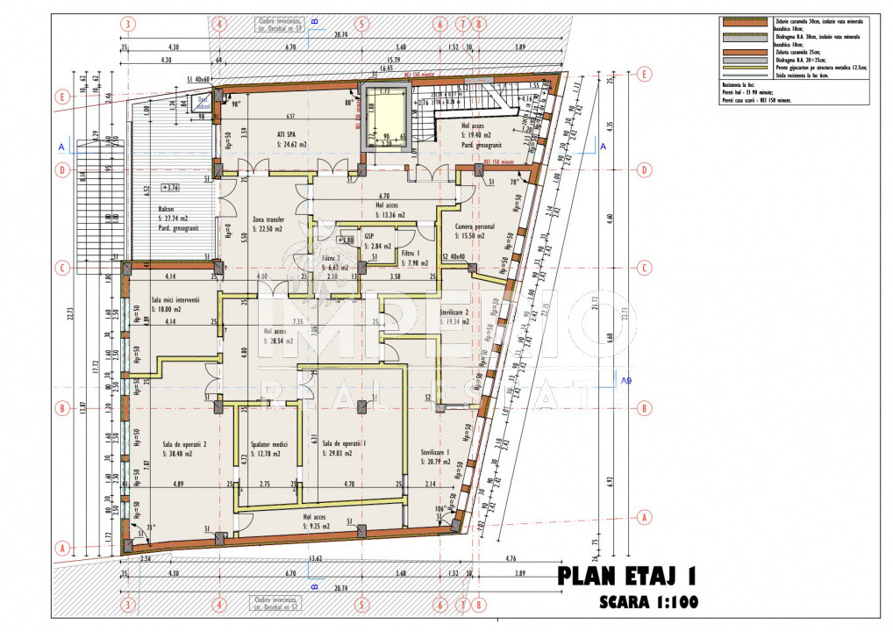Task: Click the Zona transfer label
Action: point(270,220)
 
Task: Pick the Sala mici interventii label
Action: point(175,299)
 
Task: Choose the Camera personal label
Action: point(475,226)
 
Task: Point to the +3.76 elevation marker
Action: point(170,187)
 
